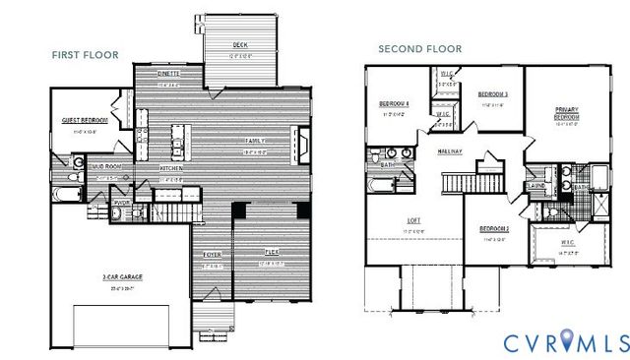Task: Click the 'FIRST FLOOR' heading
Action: coord(85,55)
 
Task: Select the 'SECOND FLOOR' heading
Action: coord(420,48)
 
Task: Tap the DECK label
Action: coord(240,45)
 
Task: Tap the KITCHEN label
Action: coord(171,168)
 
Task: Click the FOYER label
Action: coord(213,255)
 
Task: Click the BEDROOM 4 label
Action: coord(395,103)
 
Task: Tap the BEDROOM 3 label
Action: coord(492,94)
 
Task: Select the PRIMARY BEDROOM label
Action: coord(566,111)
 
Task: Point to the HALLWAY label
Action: coord(451,150)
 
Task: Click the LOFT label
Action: coord(412,220)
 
